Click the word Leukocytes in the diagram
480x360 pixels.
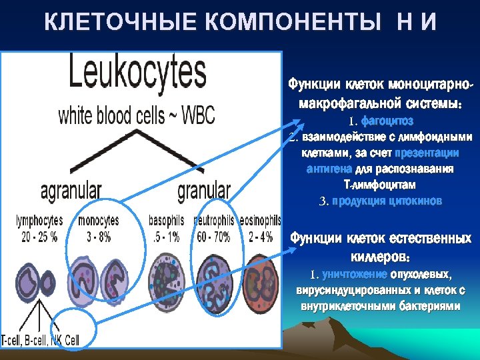coord(139,75)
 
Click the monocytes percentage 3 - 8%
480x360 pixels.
coord(98,235)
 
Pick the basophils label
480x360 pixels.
coord(167,220)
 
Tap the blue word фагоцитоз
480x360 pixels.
coord(387,121)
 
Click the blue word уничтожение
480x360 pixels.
coord(351,274)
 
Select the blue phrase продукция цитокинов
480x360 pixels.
coord(387,201)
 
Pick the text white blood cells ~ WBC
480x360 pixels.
coord(137,115)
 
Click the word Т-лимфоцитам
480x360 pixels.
coord(380,184)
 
